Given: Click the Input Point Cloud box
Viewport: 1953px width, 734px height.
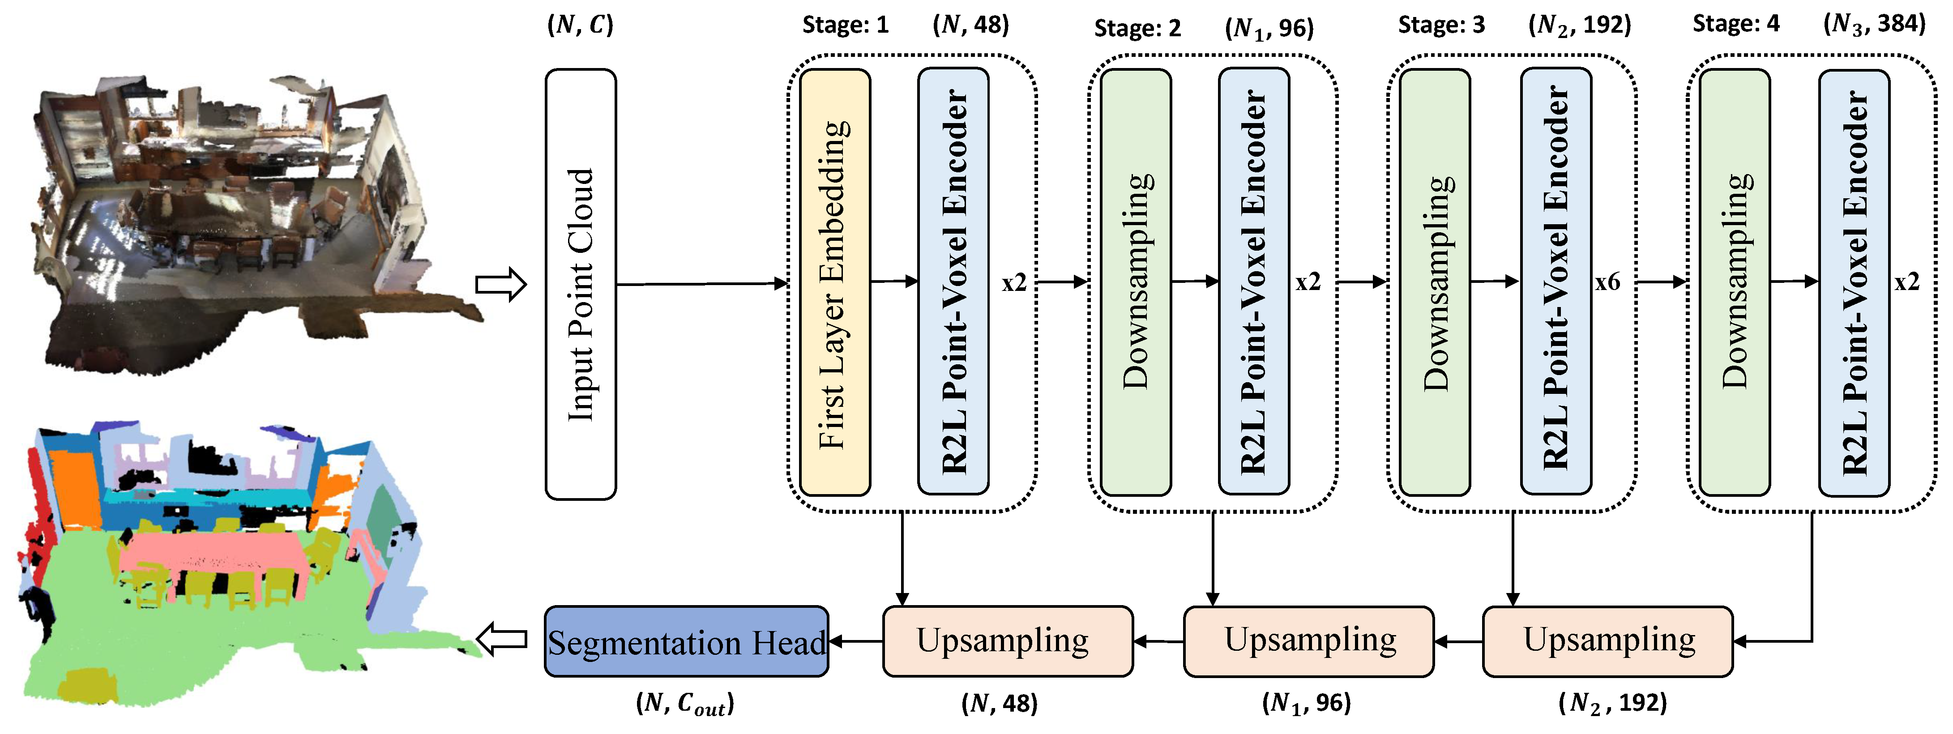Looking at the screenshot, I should pos(581,284).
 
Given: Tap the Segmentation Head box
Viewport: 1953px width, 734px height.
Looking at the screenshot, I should pos(686,641).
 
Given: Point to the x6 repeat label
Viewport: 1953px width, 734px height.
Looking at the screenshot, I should pos(1607,282).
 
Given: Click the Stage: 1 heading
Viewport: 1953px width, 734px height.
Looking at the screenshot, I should pos(845,25).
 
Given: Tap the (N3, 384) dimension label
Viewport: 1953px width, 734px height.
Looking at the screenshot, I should pos(1874,24).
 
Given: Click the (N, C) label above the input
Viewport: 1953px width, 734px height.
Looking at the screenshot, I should pos(580,25).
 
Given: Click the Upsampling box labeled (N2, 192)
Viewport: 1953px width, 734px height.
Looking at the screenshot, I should pos(1608,641).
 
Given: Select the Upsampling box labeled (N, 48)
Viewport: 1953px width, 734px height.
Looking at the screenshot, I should pos(1008,641).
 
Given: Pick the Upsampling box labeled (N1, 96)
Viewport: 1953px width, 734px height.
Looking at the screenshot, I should pos(1308,641).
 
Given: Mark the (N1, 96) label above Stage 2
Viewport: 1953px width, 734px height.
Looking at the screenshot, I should pos(1269,29).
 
